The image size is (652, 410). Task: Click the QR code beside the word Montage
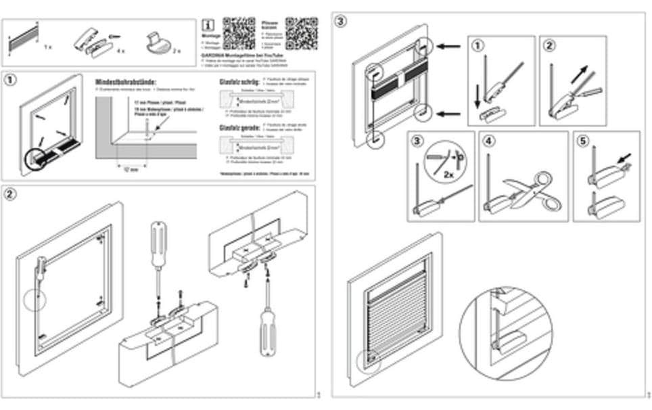(x=238, y=32)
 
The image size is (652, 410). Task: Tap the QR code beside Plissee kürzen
(x=301, y=32)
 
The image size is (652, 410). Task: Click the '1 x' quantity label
(x=47, y=49)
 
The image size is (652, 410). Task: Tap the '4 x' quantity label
(x=120, y=50)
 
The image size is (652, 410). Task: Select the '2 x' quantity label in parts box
(x=177, y=50)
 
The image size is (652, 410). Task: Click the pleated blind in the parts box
(x=22, y=39)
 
